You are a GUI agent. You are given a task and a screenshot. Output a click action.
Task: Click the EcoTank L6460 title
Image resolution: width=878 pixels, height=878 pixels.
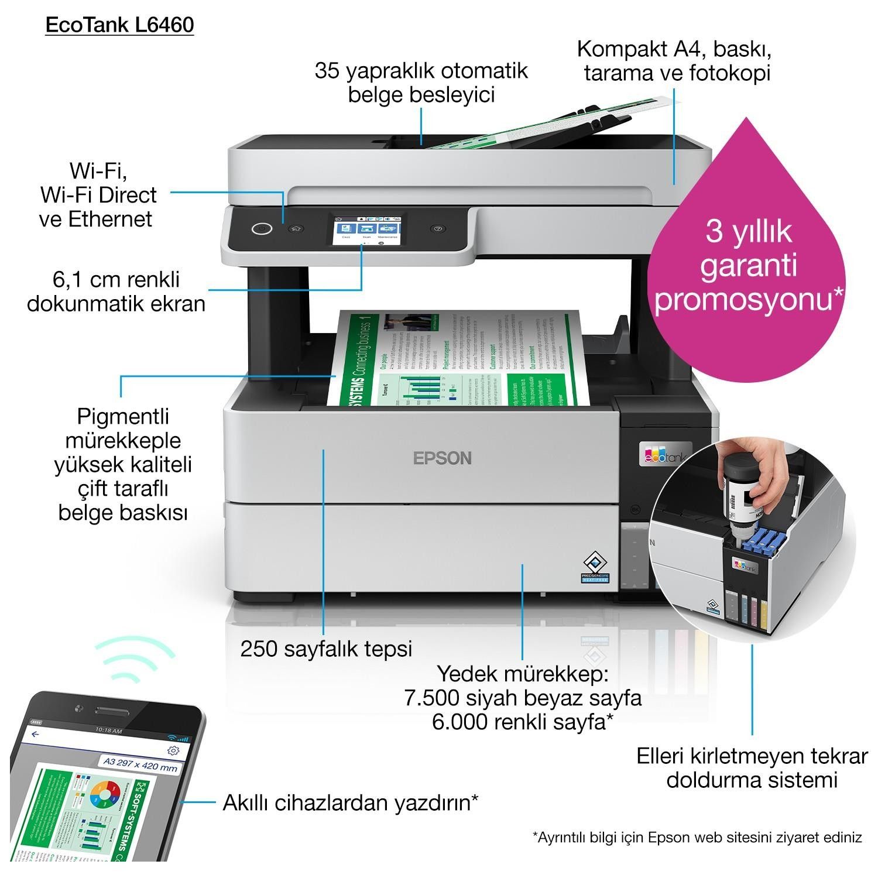tap(119, 25)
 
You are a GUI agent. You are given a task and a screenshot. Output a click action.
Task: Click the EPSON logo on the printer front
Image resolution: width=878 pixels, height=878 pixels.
tap(442, 458)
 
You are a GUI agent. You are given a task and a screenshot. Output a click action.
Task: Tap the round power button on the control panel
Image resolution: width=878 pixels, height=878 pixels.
tap(262, 228)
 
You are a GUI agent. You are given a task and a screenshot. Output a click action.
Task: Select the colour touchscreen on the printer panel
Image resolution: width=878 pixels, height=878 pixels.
tap(366, 228)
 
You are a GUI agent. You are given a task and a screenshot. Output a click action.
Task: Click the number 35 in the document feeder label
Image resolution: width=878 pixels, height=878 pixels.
tap(328, 71)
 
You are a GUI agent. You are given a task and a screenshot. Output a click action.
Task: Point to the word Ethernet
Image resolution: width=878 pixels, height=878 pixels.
tap(110, 219)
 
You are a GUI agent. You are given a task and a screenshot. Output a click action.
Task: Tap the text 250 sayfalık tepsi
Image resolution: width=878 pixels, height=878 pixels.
tap(326, 649)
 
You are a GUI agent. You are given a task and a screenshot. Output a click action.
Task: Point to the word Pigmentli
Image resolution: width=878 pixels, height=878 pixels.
tap(123, 417)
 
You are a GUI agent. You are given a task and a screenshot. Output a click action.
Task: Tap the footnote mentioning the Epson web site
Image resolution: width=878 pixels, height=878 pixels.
tap(697, 838)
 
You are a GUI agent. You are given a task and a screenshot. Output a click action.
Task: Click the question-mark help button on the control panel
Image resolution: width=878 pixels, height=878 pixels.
tap(438, 228)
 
